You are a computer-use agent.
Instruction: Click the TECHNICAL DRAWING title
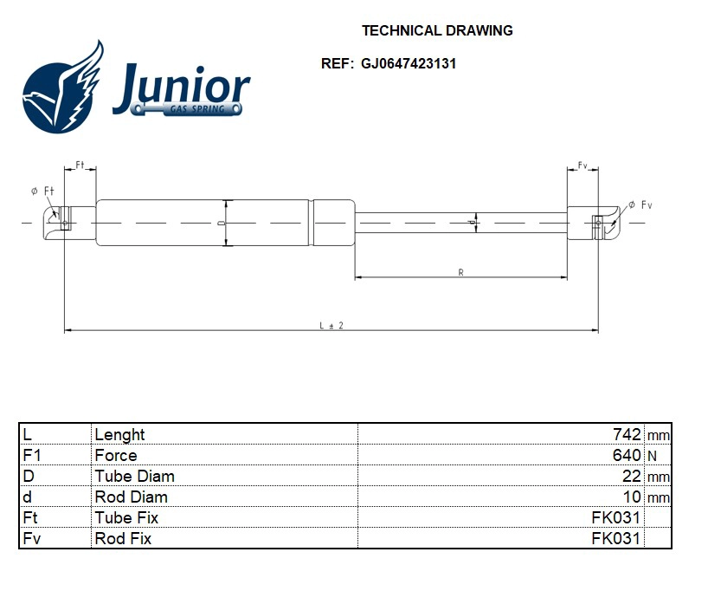(x=436, y=30)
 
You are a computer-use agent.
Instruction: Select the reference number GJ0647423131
(x=403, y=64)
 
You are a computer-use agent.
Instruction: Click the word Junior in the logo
(x=182, y=87)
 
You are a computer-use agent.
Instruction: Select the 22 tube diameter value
(x=632, y=476)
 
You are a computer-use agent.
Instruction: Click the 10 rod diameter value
(x=632, y=497)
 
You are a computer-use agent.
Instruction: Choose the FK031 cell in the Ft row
(x=615, y=517)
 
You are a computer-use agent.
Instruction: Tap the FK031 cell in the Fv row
(x=615, y=538)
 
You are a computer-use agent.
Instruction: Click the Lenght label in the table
(x=119, y=434)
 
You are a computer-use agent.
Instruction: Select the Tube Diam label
(x=134, y=476)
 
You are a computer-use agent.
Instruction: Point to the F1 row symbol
(x=31, y=455)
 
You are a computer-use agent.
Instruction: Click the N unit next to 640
(x=653, y=456)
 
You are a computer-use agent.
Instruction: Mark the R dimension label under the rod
(x=460, y=272)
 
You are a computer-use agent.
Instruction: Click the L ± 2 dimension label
(x=331, y=325)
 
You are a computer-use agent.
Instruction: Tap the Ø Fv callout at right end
(x=640, y=205)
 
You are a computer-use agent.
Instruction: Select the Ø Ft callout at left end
(x=42, y=191)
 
